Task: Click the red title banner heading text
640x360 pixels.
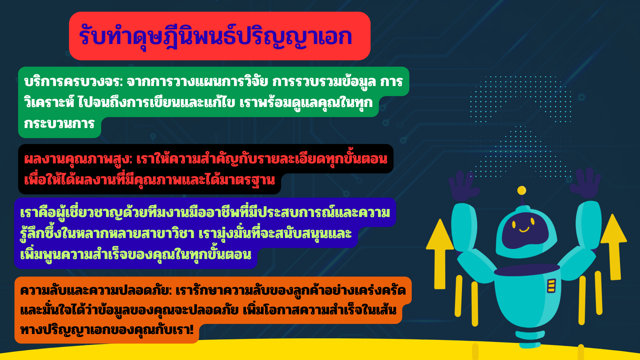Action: tap(215, 36)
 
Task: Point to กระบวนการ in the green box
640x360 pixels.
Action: tap(59, 124)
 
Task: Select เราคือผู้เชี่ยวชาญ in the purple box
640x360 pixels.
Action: tap(72, 213)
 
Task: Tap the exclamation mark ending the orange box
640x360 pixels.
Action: tap(191, 330)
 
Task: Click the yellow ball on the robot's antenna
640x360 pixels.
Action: tap(521, 190)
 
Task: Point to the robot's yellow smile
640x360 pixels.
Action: tap(524, 229)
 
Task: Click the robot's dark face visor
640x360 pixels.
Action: tap(524, 231)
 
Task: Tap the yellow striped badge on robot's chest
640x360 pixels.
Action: tap(551, 285)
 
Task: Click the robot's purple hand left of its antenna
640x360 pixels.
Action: tap(463, 185)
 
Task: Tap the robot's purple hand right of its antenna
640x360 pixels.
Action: tap(585, 183)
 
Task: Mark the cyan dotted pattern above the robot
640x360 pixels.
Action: tap(520, 125)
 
